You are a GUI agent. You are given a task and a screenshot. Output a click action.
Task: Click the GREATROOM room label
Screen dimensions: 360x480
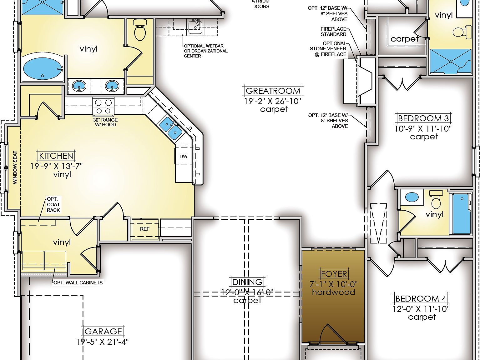coord(273,91)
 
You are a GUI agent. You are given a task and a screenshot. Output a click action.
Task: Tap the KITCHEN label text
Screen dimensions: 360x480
coord(56,156)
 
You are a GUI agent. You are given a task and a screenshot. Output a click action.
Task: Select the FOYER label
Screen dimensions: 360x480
coord(334,274)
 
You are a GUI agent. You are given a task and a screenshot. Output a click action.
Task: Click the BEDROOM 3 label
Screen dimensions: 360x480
coord(424,118)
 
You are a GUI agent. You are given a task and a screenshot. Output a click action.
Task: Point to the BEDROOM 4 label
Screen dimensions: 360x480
coord(421,298)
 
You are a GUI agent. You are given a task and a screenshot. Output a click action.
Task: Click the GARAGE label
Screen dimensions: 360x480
coord(104,331)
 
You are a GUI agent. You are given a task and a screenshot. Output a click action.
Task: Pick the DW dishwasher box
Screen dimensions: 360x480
coord(184,156)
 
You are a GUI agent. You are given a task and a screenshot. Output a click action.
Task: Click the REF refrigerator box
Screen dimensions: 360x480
coord(145,229)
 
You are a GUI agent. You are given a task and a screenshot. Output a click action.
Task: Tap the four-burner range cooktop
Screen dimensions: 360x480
coord(104,106)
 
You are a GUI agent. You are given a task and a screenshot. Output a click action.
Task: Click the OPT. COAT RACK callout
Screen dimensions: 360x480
coord(53,205)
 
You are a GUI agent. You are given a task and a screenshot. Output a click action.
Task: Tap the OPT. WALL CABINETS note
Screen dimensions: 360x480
coord(78,282)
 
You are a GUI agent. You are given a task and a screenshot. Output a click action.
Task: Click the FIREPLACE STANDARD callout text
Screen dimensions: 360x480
coord(333,32)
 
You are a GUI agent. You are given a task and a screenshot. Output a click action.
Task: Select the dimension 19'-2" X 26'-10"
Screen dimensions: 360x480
coord(273,101)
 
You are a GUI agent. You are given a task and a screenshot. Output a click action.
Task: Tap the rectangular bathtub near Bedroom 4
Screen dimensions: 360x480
coord(461,214)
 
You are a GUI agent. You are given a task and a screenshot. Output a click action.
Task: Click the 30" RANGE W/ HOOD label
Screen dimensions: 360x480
coord(105,122)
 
